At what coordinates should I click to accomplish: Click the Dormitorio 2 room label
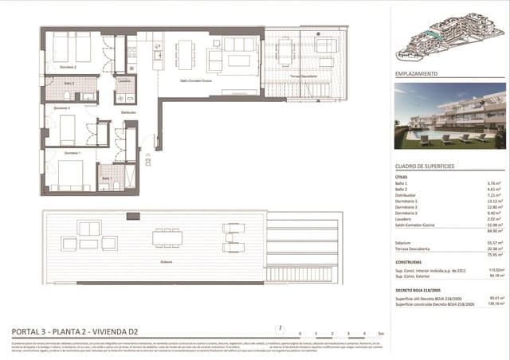67,67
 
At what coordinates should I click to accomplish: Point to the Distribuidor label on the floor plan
128,112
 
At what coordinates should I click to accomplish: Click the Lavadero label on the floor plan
124,80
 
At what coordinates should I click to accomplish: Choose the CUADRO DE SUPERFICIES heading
425,166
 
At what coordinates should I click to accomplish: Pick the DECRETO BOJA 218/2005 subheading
422,290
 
